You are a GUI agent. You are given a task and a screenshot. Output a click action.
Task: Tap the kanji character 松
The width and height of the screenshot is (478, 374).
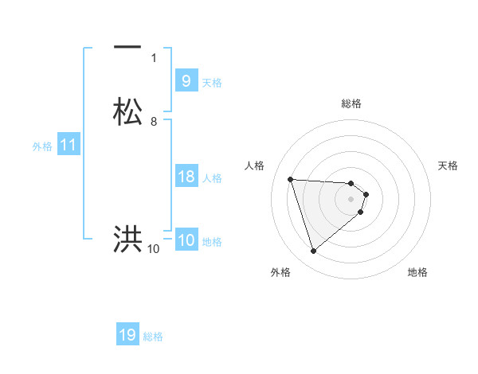(127, 111)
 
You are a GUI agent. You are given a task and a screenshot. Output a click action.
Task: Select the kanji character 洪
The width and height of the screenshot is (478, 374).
(127, 238)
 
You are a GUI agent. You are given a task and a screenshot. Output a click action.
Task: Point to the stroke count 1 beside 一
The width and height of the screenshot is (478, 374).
(154, 57)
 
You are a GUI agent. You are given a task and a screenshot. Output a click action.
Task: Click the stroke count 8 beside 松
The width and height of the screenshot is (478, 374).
(154, 121)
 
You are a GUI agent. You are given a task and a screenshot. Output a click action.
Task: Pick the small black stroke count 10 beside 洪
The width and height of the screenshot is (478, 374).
(153, 249)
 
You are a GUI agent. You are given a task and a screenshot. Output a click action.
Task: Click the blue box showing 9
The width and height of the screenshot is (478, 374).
(186, 81)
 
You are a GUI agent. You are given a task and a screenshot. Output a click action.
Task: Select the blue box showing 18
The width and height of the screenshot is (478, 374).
(186, 177)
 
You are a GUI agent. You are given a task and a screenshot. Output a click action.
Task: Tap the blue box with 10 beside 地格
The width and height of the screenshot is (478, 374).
(186, 240)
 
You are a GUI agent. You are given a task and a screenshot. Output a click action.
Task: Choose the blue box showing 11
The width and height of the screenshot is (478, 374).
(69, 146)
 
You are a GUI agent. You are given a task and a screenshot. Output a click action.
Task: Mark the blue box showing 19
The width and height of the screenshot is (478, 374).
(127, 335)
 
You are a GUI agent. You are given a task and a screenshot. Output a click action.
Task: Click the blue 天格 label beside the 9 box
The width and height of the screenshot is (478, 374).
(212, 83)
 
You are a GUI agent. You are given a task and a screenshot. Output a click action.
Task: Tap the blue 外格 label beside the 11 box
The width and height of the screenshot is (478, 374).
(42, 146)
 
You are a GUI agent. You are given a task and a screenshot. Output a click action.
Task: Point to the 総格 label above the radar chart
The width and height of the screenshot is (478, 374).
(351, 103)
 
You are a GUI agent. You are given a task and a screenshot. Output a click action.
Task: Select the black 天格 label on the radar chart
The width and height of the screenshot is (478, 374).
(449, 166)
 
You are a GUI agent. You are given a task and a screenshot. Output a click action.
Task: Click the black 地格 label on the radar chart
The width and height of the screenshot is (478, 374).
(417, 272)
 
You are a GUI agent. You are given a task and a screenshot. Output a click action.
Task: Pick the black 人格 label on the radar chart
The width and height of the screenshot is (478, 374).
(255, 166)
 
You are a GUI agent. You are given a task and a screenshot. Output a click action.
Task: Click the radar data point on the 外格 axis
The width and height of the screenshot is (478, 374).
(313, 251)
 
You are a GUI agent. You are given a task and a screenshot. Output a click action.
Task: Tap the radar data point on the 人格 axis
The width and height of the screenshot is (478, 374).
(291, 179)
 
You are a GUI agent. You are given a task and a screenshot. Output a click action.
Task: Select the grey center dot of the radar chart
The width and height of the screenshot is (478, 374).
(351, 199)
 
